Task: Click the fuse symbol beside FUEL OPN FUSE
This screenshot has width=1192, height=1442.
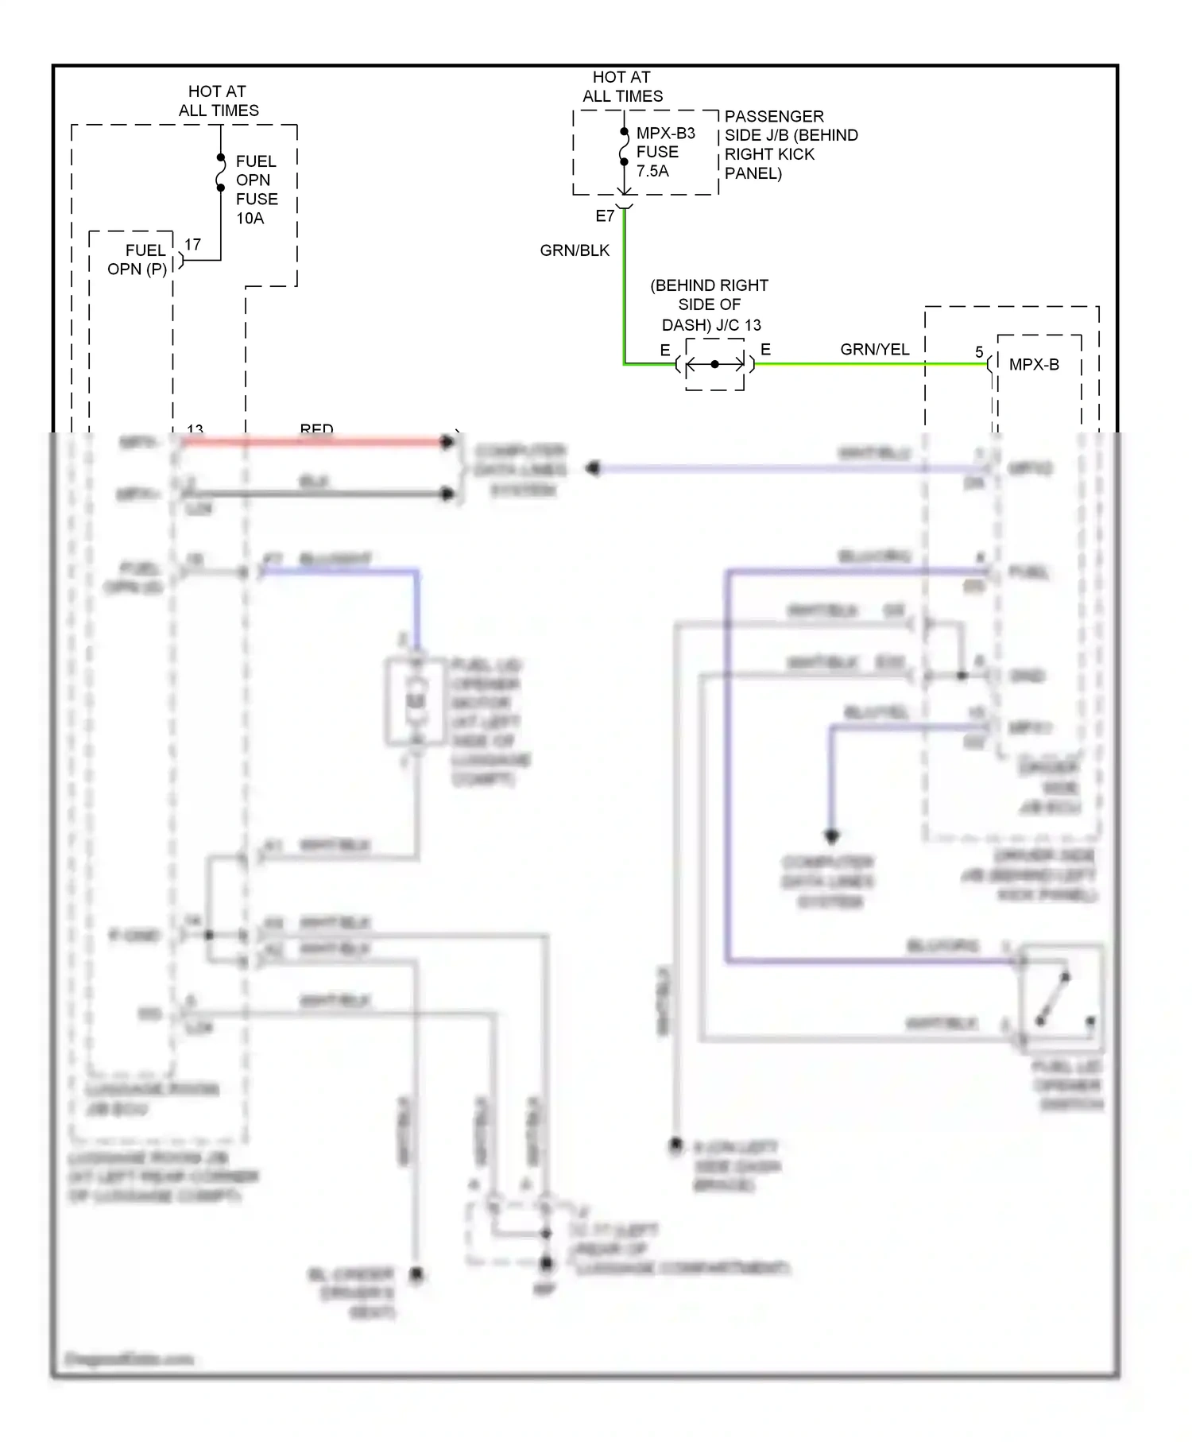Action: tap(221, 173)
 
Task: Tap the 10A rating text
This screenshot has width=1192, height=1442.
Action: tap(250, 219)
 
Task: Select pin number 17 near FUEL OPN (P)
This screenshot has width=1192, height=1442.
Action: tap(192, 245)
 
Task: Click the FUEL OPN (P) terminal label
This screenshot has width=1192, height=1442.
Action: tap(137, 260)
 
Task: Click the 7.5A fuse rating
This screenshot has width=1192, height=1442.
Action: tap(652, 171)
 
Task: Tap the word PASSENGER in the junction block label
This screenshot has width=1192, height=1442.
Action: tap(773, 116)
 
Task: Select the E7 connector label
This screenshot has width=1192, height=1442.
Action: tap(605, 216)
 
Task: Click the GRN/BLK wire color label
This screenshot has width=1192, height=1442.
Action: tap(575, 250)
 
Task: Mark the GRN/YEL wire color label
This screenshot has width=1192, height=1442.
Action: tap(874, 349)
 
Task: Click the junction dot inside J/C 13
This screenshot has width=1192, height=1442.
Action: tap(714, 364)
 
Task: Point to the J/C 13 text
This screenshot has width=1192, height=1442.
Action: tap(738, 325)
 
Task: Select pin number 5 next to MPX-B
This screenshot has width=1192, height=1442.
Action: tap(979, 351)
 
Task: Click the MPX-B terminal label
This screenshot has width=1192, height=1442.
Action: tap(1033, 365)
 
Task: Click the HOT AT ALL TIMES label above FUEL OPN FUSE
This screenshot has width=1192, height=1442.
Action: tap(218, 101)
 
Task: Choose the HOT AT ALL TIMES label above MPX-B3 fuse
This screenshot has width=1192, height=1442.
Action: tap(622, 87)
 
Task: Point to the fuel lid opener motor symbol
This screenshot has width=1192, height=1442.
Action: tap(416, 701)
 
